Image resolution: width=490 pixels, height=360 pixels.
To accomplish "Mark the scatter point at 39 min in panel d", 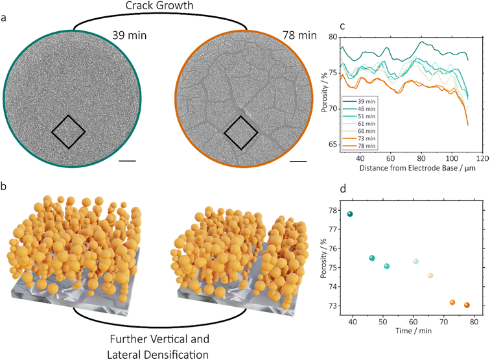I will click(x=351, y=214).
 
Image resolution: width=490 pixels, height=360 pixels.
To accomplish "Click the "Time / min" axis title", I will click(x=414, y=331).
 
